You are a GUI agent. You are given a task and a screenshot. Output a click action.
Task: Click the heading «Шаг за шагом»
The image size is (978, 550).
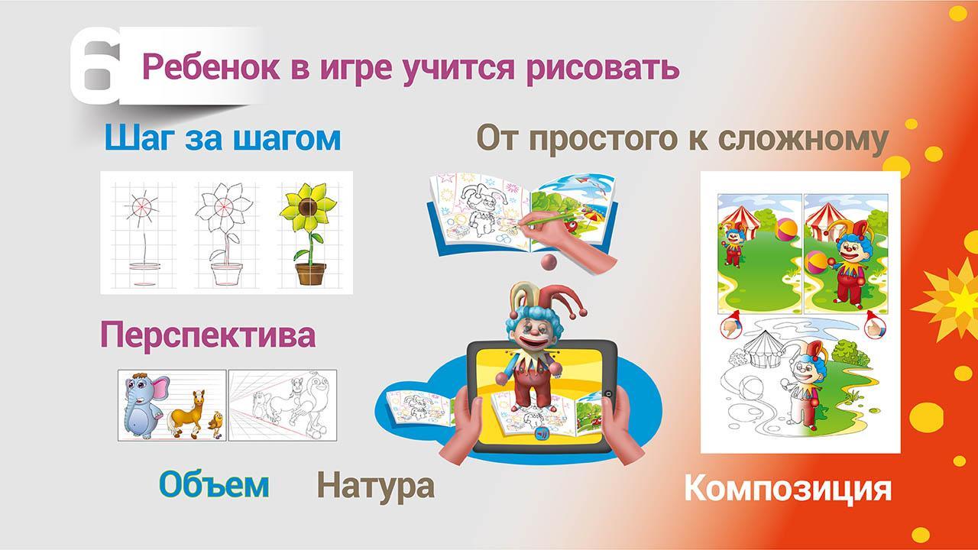click(222, 138)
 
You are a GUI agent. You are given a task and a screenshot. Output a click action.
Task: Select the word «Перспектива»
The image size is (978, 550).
click(208, 335)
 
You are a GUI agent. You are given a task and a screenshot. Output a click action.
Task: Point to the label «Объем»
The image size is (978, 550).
click(214, 484)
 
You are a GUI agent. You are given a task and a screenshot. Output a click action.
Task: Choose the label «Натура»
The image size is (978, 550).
click(375, 486)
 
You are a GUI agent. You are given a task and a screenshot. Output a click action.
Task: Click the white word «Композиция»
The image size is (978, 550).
click(787, 489)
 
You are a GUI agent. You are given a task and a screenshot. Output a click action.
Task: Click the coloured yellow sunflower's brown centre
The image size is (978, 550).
click(308, 206)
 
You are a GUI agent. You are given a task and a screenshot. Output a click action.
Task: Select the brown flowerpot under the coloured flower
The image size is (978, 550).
click(310, 273)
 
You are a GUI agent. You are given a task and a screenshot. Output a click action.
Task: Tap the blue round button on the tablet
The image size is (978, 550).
click(542, 433)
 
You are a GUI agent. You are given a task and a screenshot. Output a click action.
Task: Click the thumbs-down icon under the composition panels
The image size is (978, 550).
click(730, 326)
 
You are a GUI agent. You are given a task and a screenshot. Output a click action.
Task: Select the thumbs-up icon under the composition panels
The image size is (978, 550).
click(876, 326)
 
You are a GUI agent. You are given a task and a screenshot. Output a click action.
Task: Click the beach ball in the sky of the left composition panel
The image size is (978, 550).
click(786, 230)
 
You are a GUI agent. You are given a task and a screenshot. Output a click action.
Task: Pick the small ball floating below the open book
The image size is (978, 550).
click(549, 262)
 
